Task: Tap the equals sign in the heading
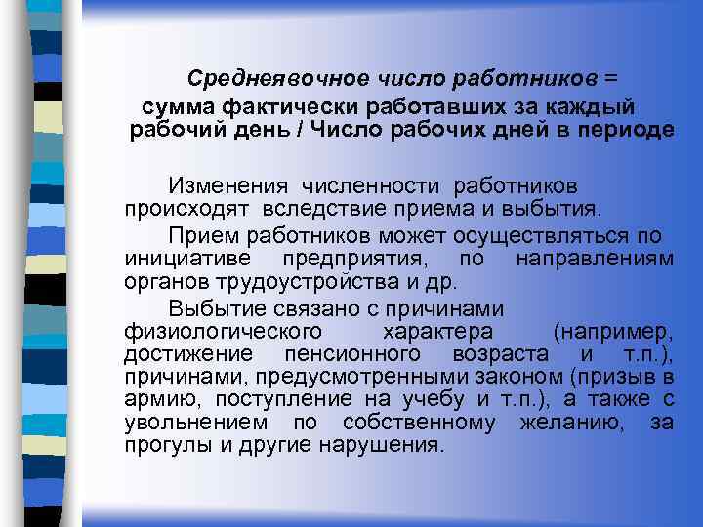click(611, 77)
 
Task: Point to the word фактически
click(290, 105)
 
